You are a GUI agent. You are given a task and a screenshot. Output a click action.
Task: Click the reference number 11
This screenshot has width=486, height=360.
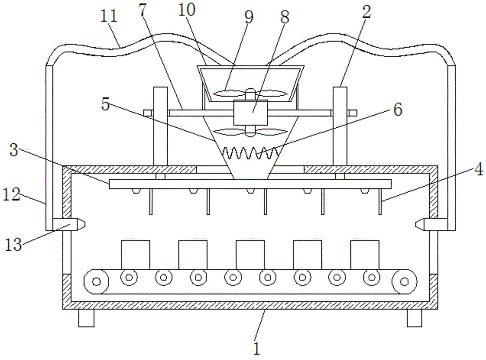coord(110,16)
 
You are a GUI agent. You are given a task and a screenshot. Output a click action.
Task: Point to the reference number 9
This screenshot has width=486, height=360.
coord(249,17)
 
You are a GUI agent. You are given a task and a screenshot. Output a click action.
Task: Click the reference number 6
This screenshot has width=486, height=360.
coord(398,110)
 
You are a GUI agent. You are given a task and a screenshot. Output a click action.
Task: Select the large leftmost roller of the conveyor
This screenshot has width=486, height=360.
coord(96,281)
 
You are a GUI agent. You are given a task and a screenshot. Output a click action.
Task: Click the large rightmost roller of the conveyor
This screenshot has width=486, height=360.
coord(405,281)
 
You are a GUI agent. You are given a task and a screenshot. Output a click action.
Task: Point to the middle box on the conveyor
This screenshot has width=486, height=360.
coord(250,254)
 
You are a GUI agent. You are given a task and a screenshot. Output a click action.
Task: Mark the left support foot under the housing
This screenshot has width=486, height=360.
coord(86,318)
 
